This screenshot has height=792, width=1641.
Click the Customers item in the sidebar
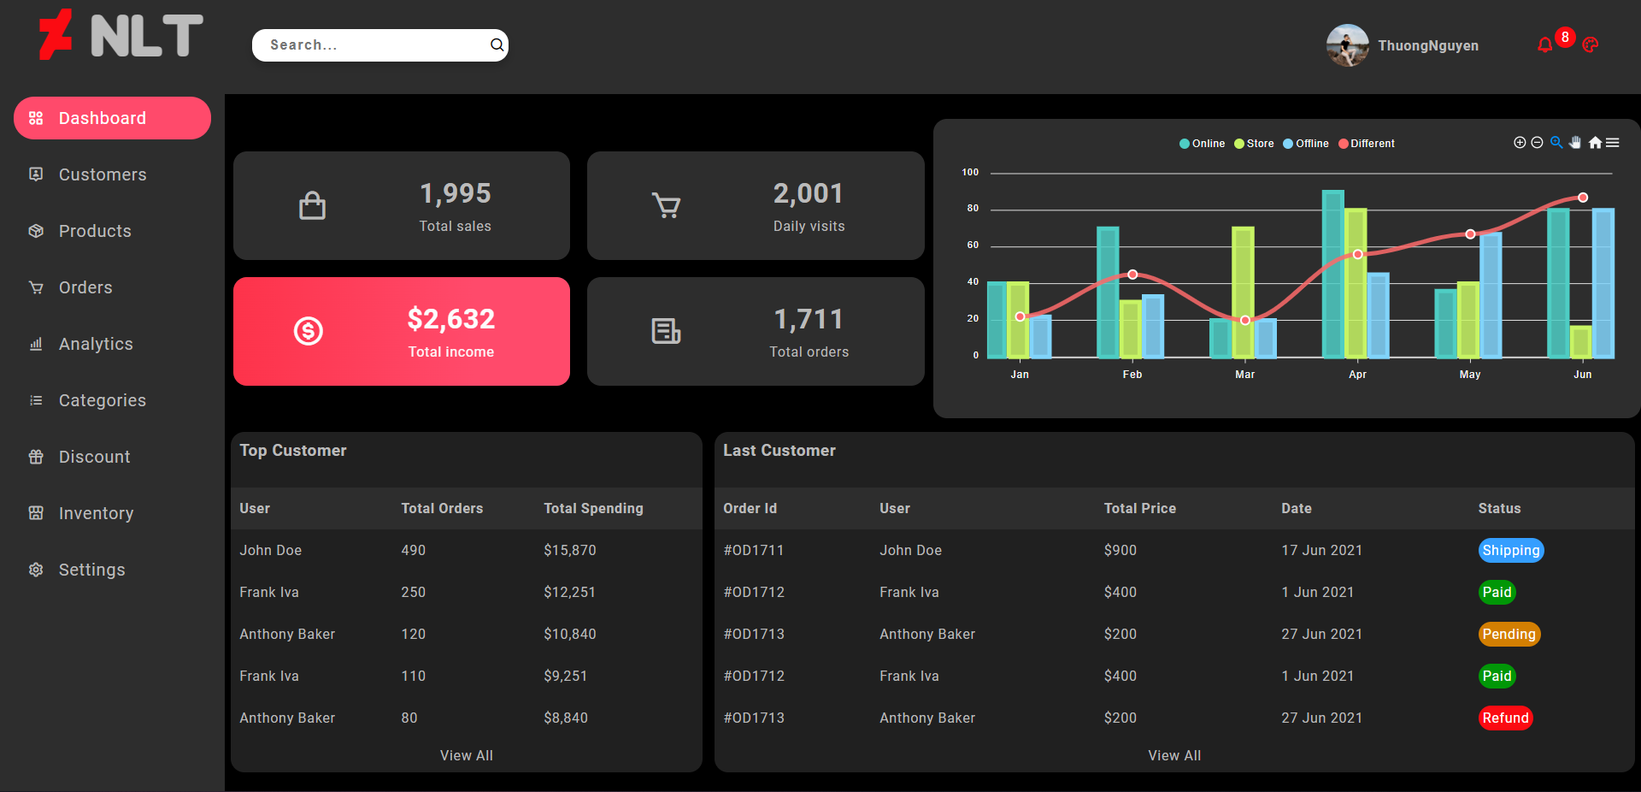tap(102, 174)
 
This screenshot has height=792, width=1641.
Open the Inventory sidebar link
tap(96, 513)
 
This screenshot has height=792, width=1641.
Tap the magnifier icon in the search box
tap(497, 45)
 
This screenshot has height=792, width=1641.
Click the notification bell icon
tap(1544, 45)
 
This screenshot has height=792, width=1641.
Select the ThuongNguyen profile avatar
tap(1347, 45)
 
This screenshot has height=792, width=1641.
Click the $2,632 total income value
tap(450, 319)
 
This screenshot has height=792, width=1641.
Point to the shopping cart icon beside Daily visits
tap(666, 205)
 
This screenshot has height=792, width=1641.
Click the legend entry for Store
tap(1254, 144)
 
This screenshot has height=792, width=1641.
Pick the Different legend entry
tap(1367, 144)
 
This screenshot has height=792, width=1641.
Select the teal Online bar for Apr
tap(1332, 274)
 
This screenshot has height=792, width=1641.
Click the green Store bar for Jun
tap(1581, 341)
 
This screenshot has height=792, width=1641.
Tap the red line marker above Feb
tap(1132, 275)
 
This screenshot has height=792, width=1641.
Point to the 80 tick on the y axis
tap(973, 209)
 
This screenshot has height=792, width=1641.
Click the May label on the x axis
tap(1470, 375)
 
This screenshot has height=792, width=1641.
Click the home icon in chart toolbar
tap(1595, 143)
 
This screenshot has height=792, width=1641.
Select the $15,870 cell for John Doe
tap(570, 551)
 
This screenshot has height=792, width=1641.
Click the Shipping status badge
tap(1510, 551)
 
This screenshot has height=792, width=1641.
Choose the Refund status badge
tap(1505, 718)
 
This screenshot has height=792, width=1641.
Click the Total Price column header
tap(1139, 509)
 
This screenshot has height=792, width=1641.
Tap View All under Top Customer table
tap(466, 756)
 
